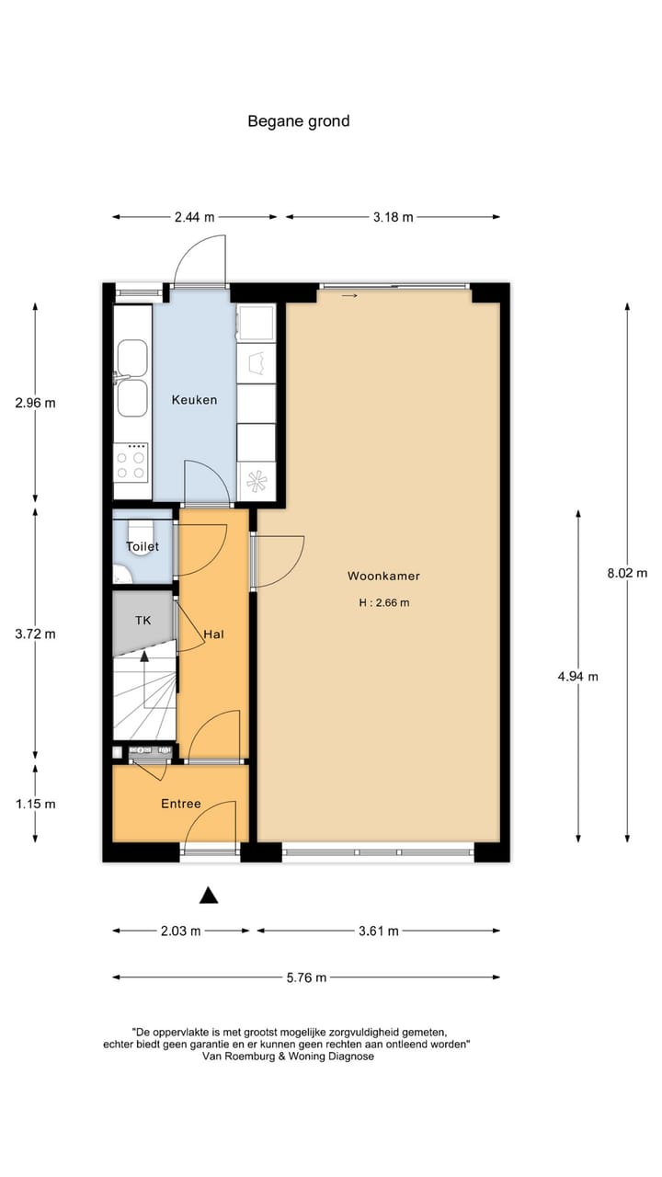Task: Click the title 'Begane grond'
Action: pyautogui.click(x=298, y=120)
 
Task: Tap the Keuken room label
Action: pyautogui.click(x=194, y=400)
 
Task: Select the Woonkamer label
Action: pyautogui.click(x=383, y=577)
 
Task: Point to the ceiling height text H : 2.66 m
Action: pyautogui.click(x=383, y=603)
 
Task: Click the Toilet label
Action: pyautogui.click(x=143, y=546)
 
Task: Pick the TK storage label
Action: pyautogui.click(x=143, y=621)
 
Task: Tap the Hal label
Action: pyautogui.click(x=214, y=634)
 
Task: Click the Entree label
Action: pyautogui.click(x=180, y=804)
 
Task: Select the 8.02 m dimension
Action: pyautogui.click(x=627, y=572)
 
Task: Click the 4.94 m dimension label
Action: pyautogui.click(x=577, y=677)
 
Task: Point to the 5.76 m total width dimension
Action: pyautogui.click(x=306, y=977)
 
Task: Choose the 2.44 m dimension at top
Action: pyautogui.click(x=194, y=217)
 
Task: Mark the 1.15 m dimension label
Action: pyautogui.click(x=35, y=804)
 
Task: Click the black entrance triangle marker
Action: pyautogui.click(x=209, y=895)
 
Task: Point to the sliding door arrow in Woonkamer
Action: pyautogui.click(x=349, y=296)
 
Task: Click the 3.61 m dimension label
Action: pyautogui.click(x=378, y=931)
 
